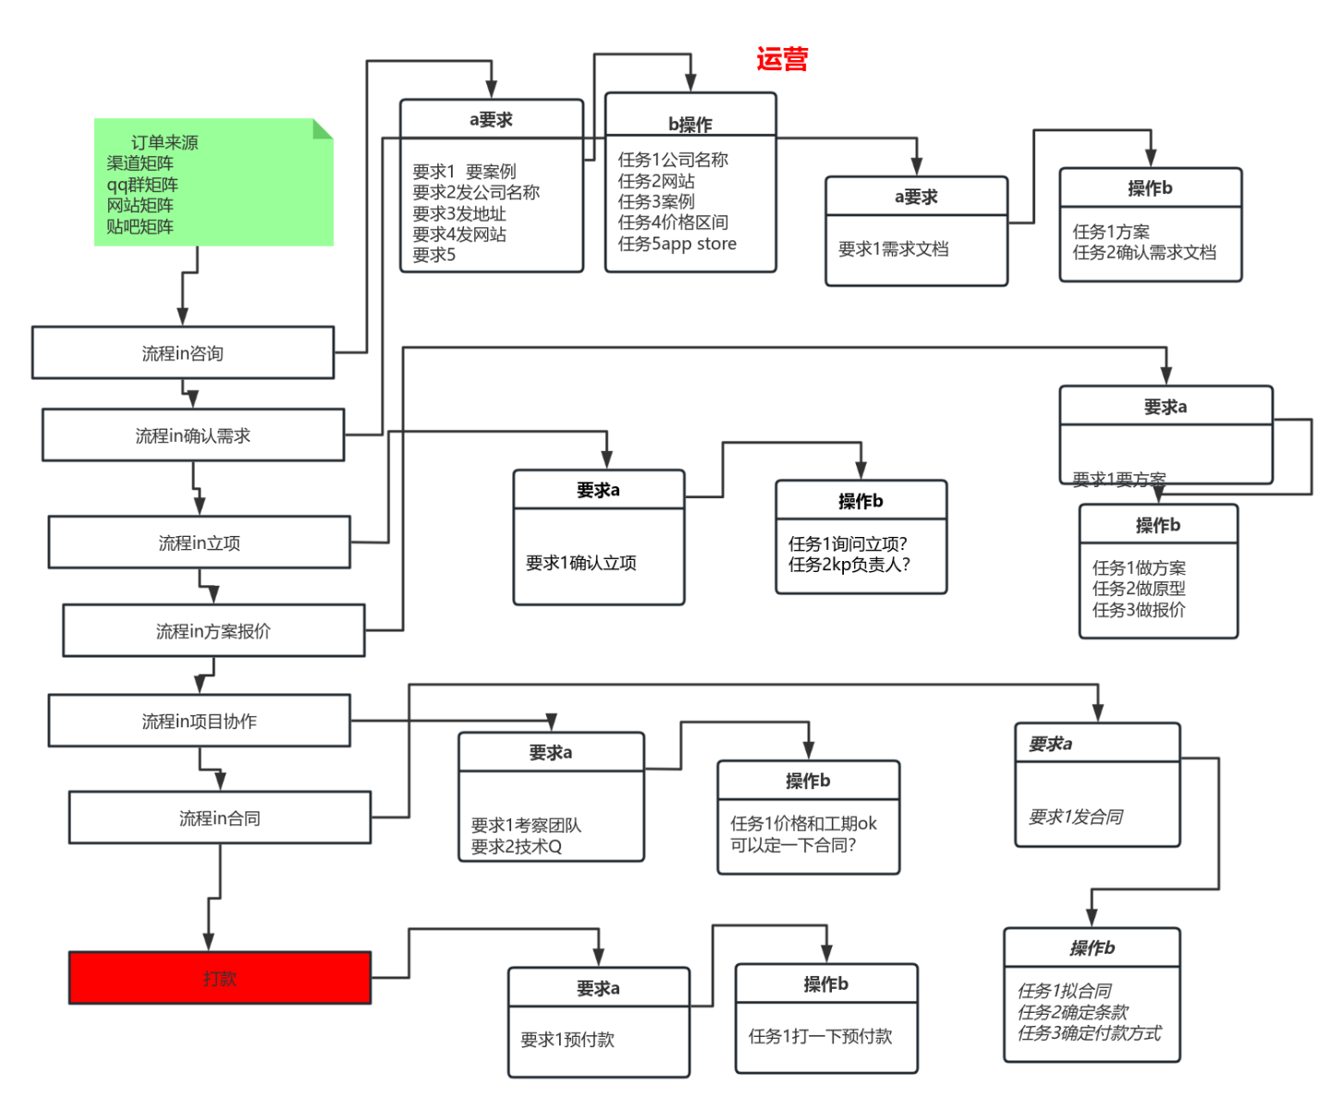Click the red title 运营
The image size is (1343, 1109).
pos(782,60)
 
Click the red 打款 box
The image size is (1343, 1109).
pos(220,978)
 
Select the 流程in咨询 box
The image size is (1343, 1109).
pos(183,353)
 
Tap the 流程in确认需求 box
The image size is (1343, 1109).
pos(193,435)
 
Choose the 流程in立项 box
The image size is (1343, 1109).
pos(200,542)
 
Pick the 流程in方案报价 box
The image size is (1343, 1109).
pos(214,631)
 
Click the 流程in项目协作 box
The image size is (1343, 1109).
pos(200,721)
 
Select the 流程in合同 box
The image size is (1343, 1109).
pos(220,818)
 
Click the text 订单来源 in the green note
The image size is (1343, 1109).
pos(165,142)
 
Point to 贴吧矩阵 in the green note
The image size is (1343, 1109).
pos(140,226)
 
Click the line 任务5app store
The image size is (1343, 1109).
pos(678,244)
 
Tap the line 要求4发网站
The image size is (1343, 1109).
pos(459,235)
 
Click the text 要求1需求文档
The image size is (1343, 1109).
pos(894,249)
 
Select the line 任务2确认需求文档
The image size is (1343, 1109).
pos(1144,252)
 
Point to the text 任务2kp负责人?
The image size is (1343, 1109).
pos(849,565)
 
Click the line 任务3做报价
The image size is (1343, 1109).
pos(1139,610)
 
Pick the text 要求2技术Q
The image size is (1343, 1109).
pos(517,847)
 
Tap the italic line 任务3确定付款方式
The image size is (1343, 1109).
pos(1089,1033)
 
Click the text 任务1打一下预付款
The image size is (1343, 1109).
pos(821,1036)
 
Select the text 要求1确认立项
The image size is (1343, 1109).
pos(581,563)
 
